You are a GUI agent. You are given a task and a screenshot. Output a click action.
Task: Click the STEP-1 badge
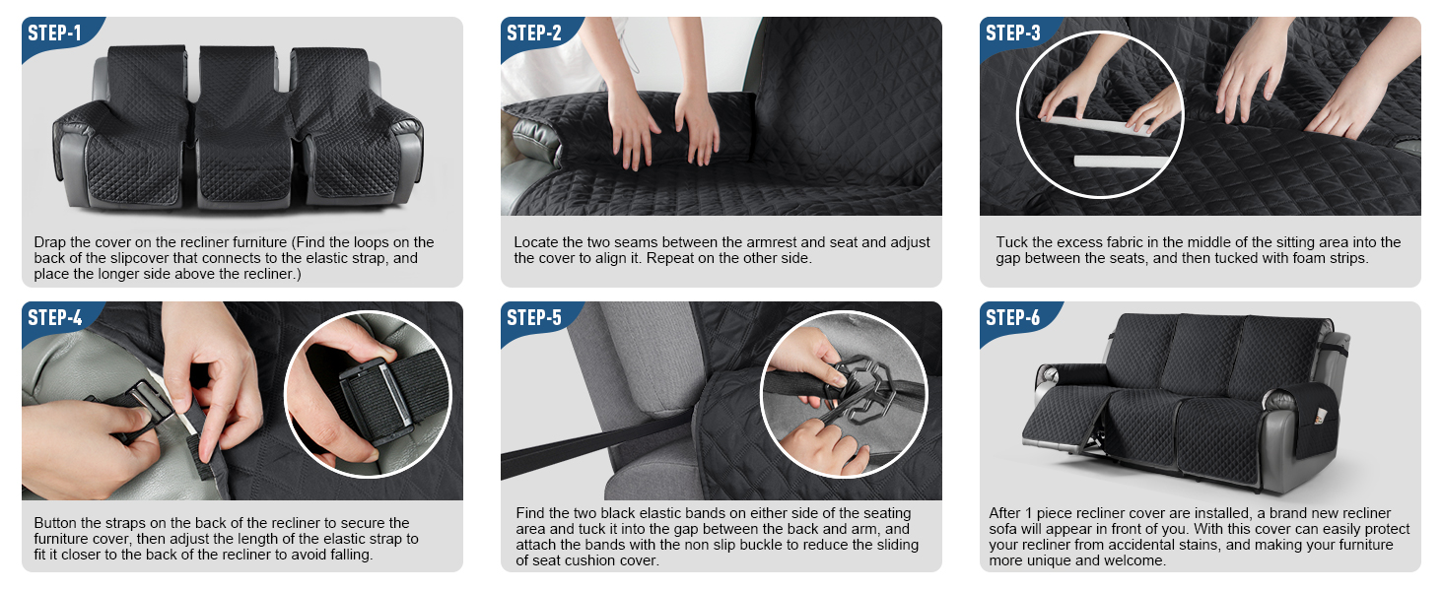55,33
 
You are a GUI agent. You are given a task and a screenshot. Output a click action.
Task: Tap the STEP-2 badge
534,33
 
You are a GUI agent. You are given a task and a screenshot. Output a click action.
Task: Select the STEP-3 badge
1013,33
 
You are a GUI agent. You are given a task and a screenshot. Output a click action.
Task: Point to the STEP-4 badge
55,318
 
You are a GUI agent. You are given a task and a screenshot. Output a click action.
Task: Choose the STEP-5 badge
534,318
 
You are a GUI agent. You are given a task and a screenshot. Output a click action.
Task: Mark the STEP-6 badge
1013,318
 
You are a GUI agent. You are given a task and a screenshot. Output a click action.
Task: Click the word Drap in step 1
49,242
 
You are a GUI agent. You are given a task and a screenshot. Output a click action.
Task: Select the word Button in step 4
57,523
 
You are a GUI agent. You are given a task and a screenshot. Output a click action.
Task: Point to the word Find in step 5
530,513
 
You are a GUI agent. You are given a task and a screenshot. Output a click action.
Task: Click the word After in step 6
1005,513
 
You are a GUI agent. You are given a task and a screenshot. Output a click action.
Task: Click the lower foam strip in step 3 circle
1121,162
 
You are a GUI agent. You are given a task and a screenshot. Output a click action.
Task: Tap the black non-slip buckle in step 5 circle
862,389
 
